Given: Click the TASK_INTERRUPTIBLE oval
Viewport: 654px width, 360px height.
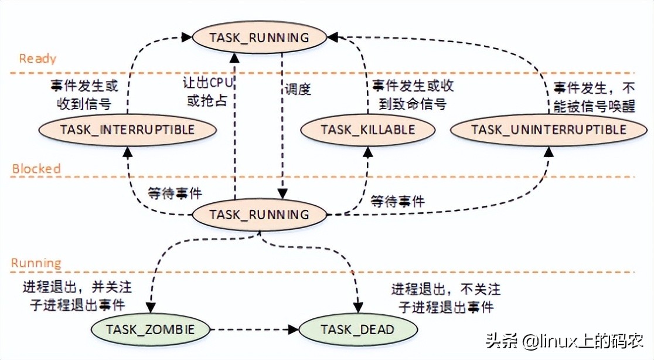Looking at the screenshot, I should pyautogui.click(x=126, y=130).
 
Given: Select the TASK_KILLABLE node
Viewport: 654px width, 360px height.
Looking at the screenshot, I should pyautogui.click(x=368, y=130).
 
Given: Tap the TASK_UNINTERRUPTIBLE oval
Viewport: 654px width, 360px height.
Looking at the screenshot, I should pyautogui.click(x=549, y=130).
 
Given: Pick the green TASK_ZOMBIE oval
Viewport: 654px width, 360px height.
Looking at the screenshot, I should pyautogui.click(x=150, y=330).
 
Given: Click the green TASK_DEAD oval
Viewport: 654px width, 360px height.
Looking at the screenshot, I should pyautogui.click(x=357, y=330).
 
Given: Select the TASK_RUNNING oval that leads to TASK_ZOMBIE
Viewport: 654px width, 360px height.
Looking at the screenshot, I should pyautogui.click(x=259, y=215).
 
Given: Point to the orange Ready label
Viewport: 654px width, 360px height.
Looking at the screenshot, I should pyautogui.click(x=38, y=59).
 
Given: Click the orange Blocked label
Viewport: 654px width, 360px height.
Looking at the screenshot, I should pyautogui.click(x=36, y=169).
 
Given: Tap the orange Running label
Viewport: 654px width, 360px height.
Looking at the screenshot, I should pyautogui.click(x=36, y=263).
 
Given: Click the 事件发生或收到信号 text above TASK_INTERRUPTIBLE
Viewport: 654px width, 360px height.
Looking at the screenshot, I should pyautogui.click(x=84, y=94).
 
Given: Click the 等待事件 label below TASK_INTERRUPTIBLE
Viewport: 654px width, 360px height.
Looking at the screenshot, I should pyautogui.click(x=175, y=193).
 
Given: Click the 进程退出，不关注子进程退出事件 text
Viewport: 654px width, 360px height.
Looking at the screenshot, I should pyautogui.click(x=446, y=298).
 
